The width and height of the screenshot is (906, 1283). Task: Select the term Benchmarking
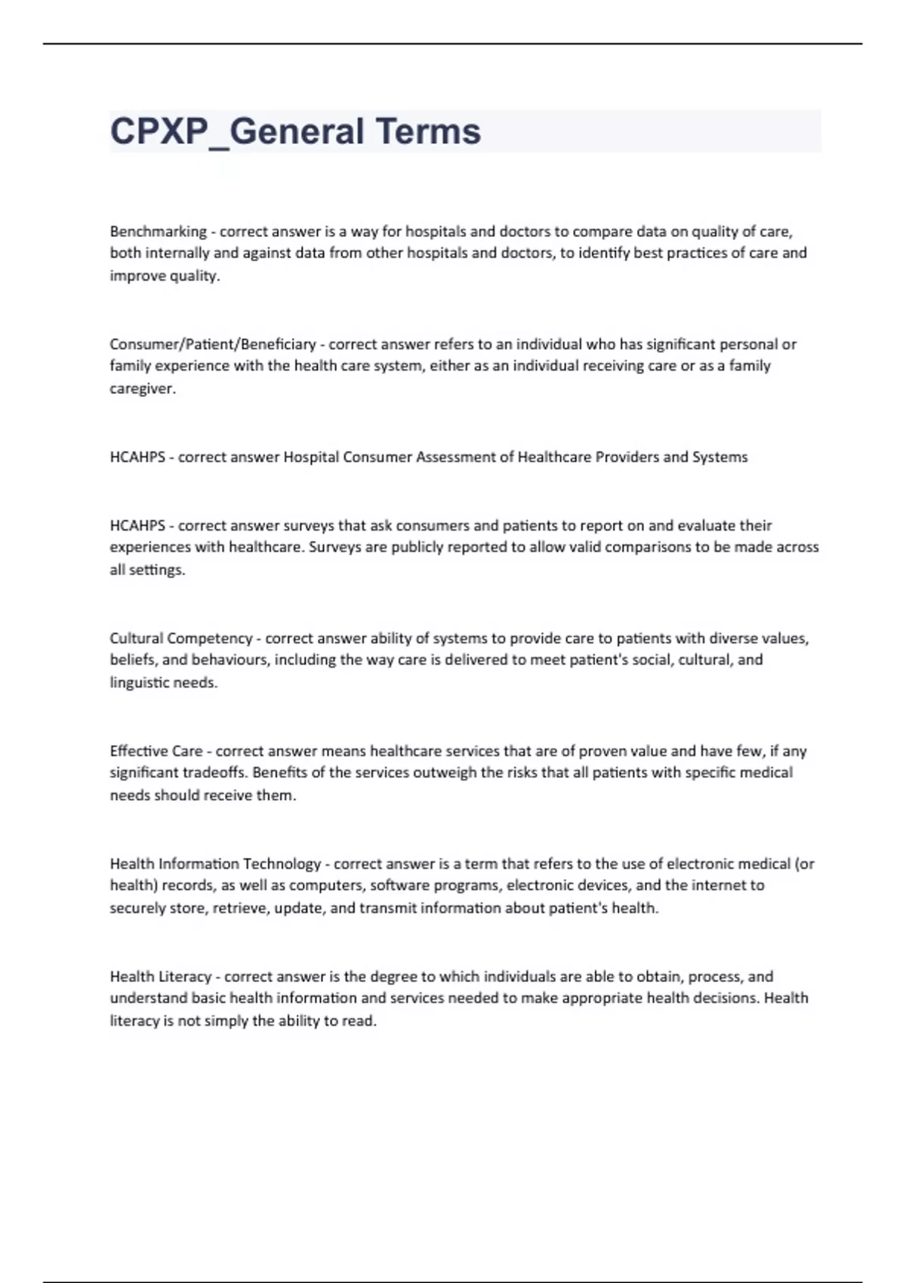tap(158, 231)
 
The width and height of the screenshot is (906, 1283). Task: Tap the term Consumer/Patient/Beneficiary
tap(212, 344)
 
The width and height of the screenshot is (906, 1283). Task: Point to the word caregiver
tap(142, 389)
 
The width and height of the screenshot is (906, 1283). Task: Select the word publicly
tap(418, 546)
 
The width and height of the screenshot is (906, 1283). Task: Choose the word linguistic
tap(139, 682)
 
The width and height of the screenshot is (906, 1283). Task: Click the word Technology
tap(282, 863)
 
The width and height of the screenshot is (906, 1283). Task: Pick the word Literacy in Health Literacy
tap(185, 977)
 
